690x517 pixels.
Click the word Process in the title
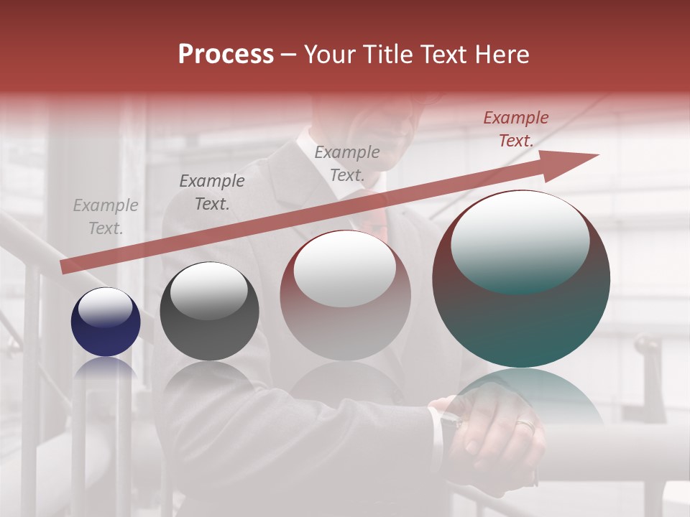click(x=226, y=55)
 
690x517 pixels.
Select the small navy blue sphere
click(x=106, y=322)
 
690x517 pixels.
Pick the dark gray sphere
click(x=209, y=312)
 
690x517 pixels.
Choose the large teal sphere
click(x=521, y=280)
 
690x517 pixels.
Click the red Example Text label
click(x=516, y=129)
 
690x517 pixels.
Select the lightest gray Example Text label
click(x=106, y=217)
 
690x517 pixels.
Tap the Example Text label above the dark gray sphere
click(x=212, y=192)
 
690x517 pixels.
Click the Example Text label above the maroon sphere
click(x=347, y=163)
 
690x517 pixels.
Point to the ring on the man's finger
click(x=525, y=425)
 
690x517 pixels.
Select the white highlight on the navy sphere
click(x=105, y=307)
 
